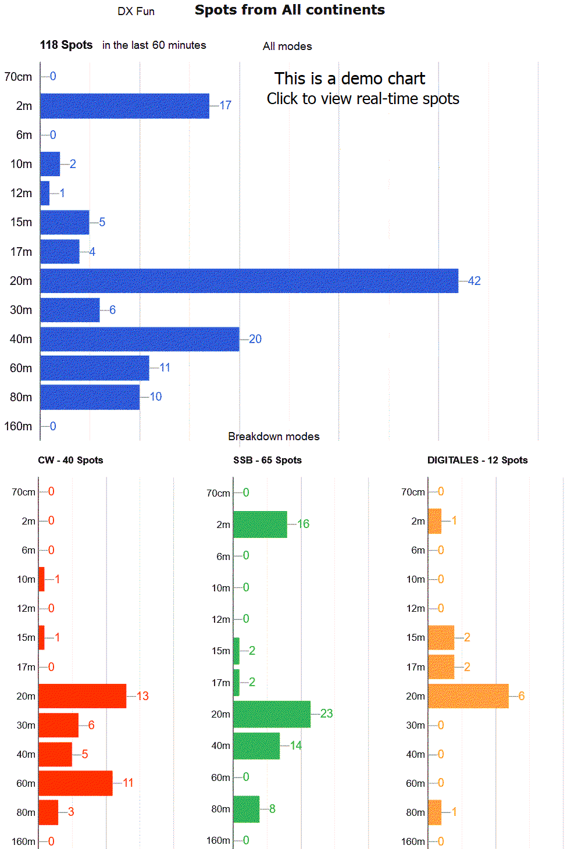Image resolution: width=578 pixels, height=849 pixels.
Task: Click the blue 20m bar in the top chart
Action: [249, 281]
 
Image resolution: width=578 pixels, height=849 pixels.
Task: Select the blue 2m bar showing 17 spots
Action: [124, 106]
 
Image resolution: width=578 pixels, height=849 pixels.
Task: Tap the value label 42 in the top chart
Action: [474, 281]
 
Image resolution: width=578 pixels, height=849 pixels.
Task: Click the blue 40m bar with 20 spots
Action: [140, 339]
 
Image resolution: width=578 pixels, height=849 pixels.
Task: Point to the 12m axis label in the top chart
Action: [22, 193]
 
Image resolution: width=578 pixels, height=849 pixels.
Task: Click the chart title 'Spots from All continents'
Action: [290, 10]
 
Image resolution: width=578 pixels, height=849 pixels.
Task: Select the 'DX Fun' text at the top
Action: [136, 12]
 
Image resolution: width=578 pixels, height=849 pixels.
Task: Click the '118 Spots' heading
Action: [66, 45]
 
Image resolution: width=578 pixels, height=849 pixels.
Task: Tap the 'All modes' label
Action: [287, 46]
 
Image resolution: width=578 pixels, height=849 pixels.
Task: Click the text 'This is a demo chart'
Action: [349, 79]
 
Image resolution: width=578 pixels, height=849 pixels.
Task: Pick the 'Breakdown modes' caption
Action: [273, 436]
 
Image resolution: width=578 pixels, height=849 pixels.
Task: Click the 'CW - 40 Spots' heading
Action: [70, 460]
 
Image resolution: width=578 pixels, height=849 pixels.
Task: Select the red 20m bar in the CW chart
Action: [82, 696]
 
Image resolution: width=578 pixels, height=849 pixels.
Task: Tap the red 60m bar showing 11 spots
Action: [76, 783]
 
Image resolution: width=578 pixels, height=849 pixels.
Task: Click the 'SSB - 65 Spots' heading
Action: [267, 460]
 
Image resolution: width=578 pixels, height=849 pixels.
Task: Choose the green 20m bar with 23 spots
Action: [272, 714]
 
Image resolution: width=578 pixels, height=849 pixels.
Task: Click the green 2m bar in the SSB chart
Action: [260, 525]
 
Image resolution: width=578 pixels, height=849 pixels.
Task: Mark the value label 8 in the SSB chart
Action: [272, 809]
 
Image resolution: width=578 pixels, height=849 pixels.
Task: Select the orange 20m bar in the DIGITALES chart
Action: [468, 696]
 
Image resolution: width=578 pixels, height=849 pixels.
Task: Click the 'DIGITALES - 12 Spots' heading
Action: [477, 460]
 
